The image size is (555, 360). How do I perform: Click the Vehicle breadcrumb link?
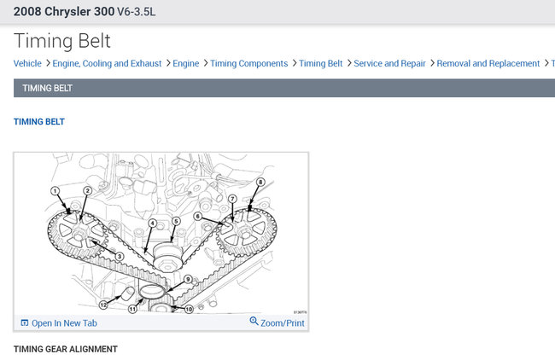click(x=27, y=63)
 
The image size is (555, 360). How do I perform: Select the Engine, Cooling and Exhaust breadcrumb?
click(x=107, y=63)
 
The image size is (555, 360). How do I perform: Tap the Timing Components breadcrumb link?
click(x=248, y=63)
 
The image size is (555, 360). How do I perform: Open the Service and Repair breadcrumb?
click(x=389, y=63)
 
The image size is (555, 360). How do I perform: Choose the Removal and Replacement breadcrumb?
click(x=488, y=63)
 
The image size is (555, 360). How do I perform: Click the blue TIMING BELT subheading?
click(x=39, y=122)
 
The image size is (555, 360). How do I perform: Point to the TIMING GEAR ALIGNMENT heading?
click(x=66, y=349)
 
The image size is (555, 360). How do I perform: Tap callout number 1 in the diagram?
click(x=55, y=191)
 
